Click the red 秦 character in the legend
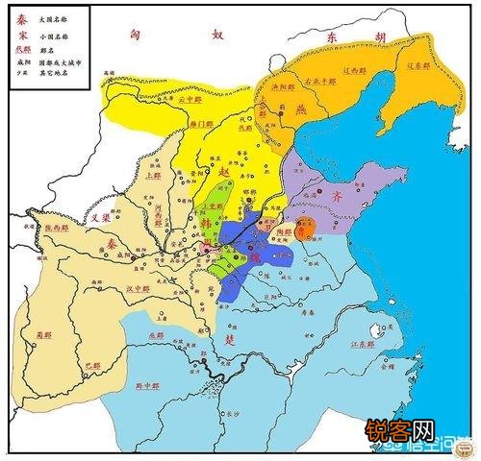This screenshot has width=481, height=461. pos(20,18)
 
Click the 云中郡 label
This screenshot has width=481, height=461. pos(192,98)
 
